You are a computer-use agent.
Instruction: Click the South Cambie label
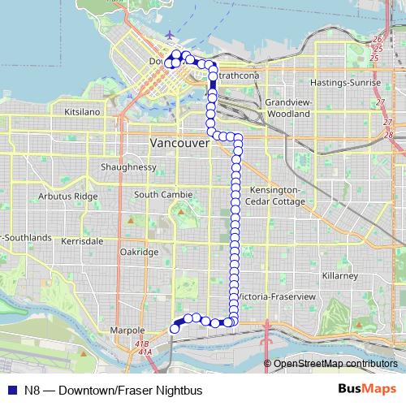point(163,195)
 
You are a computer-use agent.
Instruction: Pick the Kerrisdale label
point(83,242)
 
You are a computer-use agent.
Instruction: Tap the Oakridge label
point(139,253)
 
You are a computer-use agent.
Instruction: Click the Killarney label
point(339,277)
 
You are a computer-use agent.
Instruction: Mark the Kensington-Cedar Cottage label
point(273,195)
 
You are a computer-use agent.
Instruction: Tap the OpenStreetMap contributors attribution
point(335,363)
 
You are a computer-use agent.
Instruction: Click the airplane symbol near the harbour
point(168,35)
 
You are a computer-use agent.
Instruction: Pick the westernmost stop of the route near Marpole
point(174,328)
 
